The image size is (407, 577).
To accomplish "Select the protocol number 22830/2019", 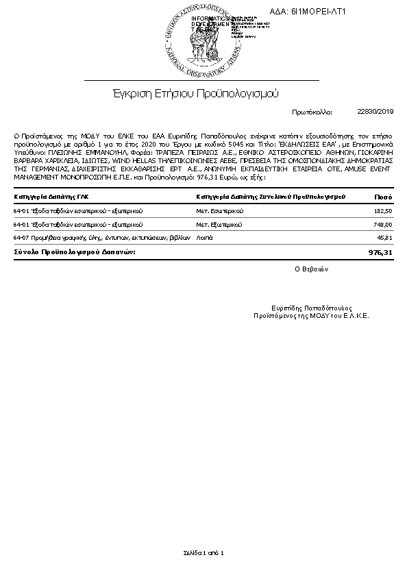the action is (x=375, y=110).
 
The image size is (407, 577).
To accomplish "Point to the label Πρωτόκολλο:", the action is (x=312, y=111).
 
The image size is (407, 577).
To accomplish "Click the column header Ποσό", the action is (x=383, y=197).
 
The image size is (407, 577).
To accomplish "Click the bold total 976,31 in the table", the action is (x=380, y=252).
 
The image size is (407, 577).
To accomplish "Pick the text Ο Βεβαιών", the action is (x=312, y=269).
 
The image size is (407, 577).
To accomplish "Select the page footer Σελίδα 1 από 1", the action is (x=203, y=552).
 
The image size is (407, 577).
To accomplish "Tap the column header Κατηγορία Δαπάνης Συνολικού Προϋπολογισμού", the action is (x=271, y=197).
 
